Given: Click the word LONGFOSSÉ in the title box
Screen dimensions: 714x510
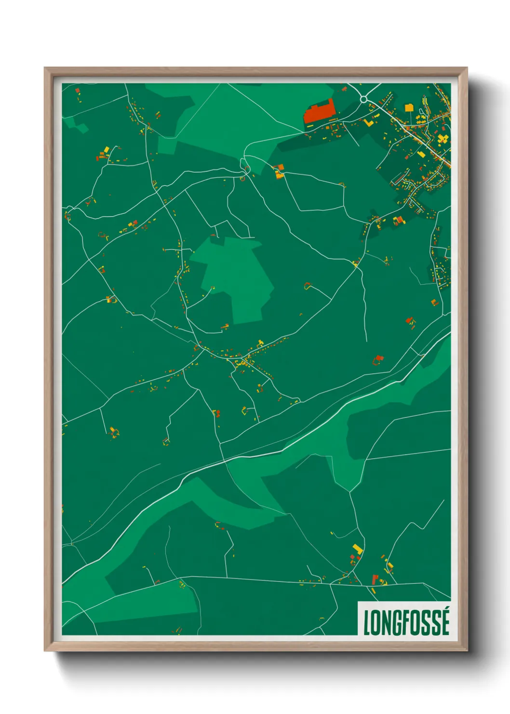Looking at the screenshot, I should click(406, 623).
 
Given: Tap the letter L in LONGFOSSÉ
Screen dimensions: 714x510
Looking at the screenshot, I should click(367, 623).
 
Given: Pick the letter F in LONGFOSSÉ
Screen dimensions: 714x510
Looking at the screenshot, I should click(406, 623).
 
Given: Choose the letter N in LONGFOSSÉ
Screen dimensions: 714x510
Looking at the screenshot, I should click(386, 623).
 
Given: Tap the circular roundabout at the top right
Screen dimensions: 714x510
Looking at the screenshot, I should click(364, 99).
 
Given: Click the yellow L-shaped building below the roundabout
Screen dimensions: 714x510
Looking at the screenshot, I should click(369, 122).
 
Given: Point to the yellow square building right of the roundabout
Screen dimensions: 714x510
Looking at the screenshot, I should click(409, 108).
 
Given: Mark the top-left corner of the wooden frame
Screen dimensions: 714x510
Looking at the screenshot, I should click(45, 69).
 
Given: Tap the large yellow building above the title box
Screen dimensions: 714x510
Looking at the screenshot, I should click(357, 549).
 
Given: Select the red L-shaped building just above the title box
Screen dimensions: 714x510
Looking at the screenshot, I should click(375, 579).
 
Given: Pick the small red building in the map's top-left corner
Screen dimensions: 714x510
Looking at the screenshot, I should click(77, 90).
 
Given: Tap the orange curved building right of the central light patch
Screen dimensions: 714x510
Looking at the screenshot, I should click(307, 286).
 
